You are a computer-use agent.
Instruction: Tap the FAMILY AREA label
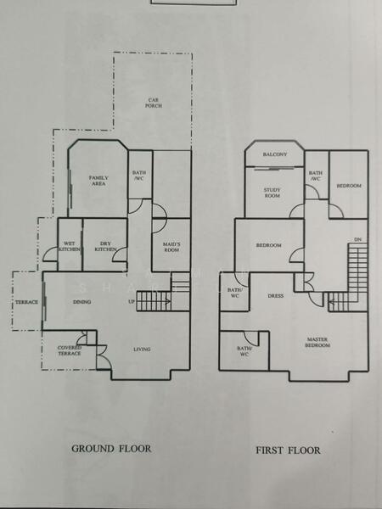[x=98, y=180]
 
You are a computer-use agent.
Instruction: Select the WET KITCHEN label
[x=70, y=248]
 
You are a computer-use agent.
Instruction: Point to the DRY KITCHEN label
[x=104, y=248]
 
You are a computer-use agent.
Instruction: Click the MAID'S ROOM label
[x=171, y=248]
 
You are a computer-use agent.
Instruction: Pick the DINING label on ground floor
[x=81, y=302]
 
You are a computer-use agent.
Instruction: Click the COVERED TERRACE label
[x=70, y=350]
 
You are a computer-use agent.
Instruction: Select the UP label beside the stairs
[x=131, y=302]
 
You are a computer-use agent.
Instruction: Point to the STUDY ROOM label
[x=272, y=193]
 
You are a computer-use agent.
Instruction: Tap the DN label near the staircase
[x=357, y=240]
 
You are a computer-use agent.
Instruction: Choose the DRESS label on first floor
[x=275, y=296]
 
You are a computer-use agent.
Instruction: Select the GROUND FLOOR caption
[x=111, y=449]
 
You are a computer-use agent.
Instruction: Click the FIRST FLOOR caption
[x=288, y=450]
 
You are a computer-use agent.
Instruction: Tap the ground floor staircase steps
[x=154, y=300]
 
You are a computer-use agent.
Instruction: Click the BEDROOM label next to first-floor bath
[x=348, y=186]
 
